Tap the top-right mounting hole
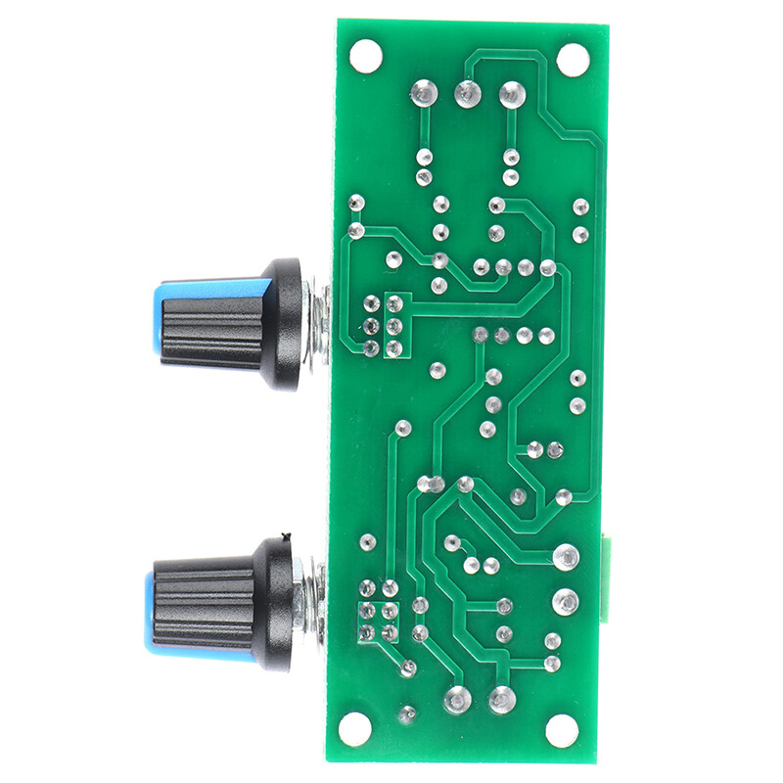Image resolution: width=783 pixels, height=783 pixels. [x=572, y=58]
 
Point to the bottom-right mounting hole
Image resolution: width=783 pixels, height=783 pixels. [x=562, y=729]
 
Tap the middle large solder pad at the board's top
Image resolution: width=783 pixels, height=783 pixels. [x=467, y=94]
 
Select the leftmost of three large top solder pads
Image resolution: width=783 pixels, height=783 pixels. [x=423, y=93]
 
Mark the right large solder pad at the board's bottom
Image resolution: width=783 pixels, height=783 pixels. [x=501, y=699]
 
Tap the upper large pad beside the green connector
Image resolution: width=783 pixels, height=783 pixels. [x=565, y=558]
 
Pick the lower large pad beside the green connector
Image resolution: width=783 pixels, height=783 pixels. [x=565, y=601]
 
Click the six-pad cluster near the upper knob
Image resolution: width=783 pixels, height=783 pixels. [x=383, y=325]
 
